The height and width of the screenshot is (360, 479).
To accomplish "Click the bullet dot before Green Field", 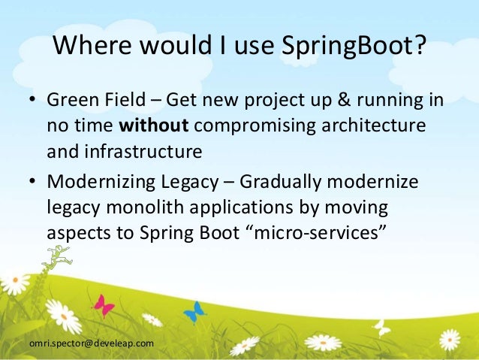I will [32, 101].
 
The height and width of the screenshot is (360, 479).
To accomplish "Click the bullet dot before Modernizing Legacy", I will [32, 183].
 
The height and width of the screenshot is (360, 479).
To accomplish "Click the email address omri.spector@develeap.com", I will [91, 343].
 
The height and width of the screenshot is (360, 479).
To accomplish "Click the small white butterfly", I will [382, 328].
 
